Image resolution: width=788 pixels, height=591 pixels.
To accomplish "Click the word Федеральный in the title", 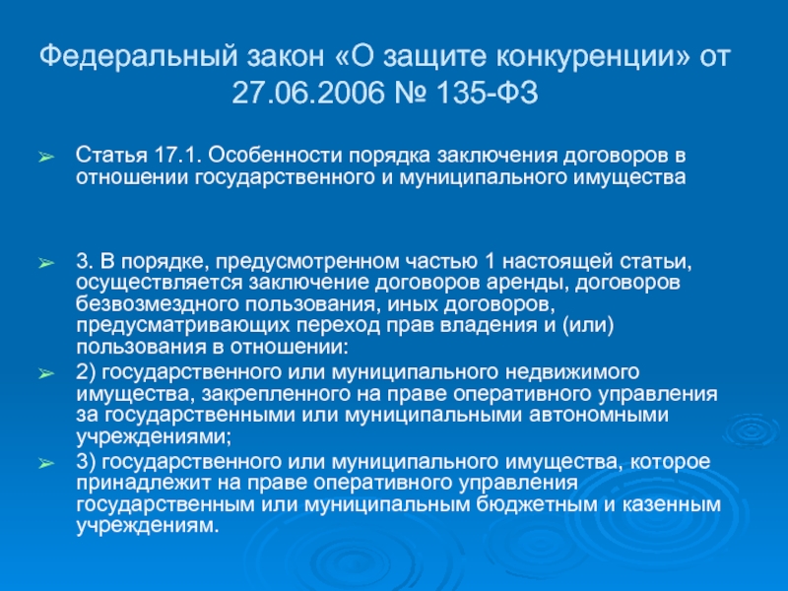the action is [138, 57].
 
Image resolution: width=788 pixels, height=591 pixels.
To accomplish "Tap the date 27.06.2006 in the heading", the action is [307, 93].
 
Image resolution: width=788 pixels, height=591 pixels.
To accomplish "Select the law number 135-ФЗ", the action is [487, 93].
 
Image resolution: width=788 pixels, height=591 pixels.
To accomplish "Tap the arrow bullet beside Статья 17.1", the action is [46, 158].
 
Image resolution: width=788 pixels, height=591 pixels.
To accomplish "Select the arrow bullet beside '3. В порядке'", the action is [46, 263].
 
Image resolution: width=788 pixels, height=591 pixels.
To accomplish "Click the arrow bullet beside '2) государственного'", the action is [46, 373].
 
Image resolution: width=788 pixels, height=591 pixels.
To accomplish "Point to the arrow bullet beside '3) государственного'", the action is [46, 463].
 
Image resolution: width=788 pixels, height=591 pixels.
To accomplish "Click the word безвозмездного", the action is [158, 304].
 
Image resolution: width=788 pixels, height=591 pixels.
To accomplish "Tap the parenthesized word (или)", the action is [588, 326].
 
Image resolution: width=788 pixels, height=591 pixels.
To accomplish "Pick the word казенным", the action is [672, 504].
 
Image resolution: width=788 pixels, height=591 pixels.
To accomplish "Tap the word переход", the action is [338, 327].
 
